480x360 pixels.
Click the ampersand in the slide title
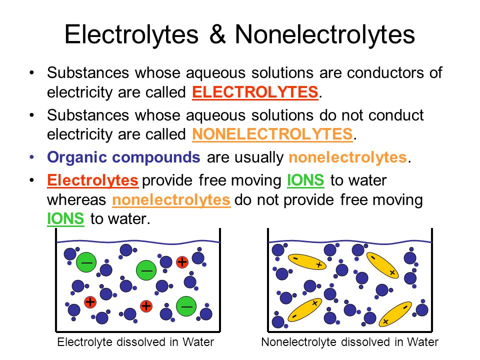tap(217, 34)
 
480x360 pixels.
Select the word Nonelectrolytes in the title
tap(325, 35)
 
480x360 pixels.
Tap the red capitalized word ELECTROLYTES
tap(255, 92)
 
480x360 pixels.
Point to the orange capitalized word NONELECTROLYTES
tap(272, 134)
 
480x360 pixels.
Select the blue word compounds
tap(156, 158)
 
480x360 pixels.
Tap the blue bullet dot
tap(32, 157)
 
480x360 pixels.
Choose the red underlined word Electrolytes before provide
tap(92, 180)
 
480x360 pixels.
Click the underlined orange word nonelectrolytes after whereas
tap(171, 200)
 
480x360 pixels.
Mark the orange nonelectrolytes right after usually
tap(348, 157)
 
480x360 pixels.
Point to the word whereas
tap(76, 200)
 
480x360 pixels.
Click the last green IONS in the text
tap(65, 219)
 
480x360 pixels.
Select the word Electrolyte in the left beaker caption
tap(83, 342)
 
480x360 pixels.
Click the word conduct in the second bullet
tap(396, 115)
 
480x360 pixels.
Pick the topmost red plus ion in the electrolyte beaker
tap(182, 262)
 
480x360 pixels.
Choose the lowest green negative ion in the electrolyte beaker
tap(186, 306)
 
